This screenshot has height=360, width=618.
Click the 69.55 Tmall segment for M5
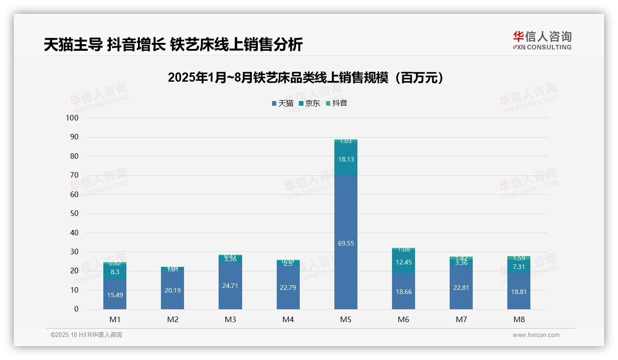click(x=345, y=243)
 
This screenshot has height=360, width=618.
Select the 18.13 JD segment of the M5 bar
click(x=345, y=159)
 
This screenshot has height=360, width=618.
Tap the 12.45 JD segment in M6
click(x=403, y=263)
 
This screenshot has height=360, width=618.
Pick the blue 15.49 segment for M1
click(x=115, y=294)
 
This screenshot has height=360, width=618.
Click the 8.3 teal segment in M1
click(x=115, y=272)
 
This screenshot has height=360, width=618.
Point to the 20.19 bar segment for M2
click(x=172, y=290)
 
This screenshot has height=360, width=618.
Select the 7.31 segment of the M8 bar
click(x=518, y=266)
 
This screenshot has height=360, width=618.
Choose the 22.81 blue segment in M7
click(x=461, y=288)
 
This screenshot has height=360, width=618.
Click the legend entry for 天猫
click(x=283, y=103)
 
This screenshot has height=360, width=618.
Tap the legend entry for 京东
click(x=309, y=103)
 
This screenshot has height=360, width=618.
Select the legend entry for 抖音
click(x=336, y=103)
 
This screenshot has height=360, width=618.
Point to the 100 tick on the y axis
click(x=72, y=118)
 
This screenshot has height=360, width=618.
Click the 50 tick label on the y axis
click(x=74, y=214)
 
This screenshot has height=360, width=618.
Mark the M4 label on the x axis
click(x=288, y=319)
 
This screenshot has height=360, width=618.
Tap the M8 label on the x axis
click(x=518, y=319)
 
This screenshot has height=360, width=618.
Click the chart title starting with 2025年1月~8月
click(x=305, y=78)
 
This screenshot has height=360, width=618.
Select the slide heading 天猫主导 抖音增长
click(x=173, y=44)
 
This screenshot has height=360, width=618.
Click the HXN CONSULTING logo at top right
click(x=542, y=41)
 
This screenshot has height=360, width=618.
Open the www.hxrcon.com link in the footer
click(x=535, y=335)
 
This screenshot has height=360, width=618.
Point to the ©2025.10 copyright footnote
click(x=86, y=335)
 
